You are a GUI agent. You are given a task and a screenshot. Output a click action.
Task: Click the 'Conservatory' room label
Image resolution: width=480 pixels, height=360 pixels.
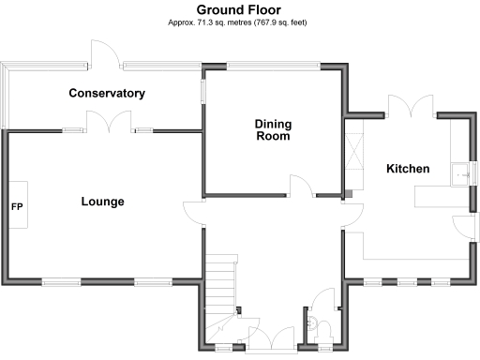tap(107, 93)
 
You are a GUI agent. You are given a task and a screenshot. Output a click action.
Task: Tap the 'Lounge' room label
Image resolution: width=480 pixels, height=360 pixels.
tap(102, 202)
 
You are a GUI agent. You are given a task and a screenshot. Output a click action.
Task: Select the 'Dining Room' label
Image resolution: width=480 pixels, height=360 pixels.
tap(272, 129)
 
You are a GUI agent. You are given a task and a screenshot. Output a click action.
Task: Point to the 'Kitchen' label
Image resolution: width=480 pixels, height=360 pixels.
tap(408, 169)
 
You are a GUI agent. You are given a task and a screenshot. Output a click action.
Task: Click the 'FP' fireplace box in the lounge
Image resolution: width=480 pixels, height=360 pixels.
tap(17, 205)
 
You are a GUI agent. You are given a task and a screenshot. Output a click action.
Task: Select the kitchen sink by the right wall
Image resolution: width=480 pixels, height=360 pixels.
tap(459, 173)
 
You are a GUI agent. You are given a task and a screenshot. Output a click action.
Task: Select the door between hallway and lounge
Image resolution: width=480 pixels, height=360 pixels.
tap(194, 213)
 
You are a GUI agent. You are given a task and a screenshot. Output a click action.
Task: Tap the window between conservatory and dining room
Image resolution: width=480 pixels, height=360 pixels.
tap(202, 94)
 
